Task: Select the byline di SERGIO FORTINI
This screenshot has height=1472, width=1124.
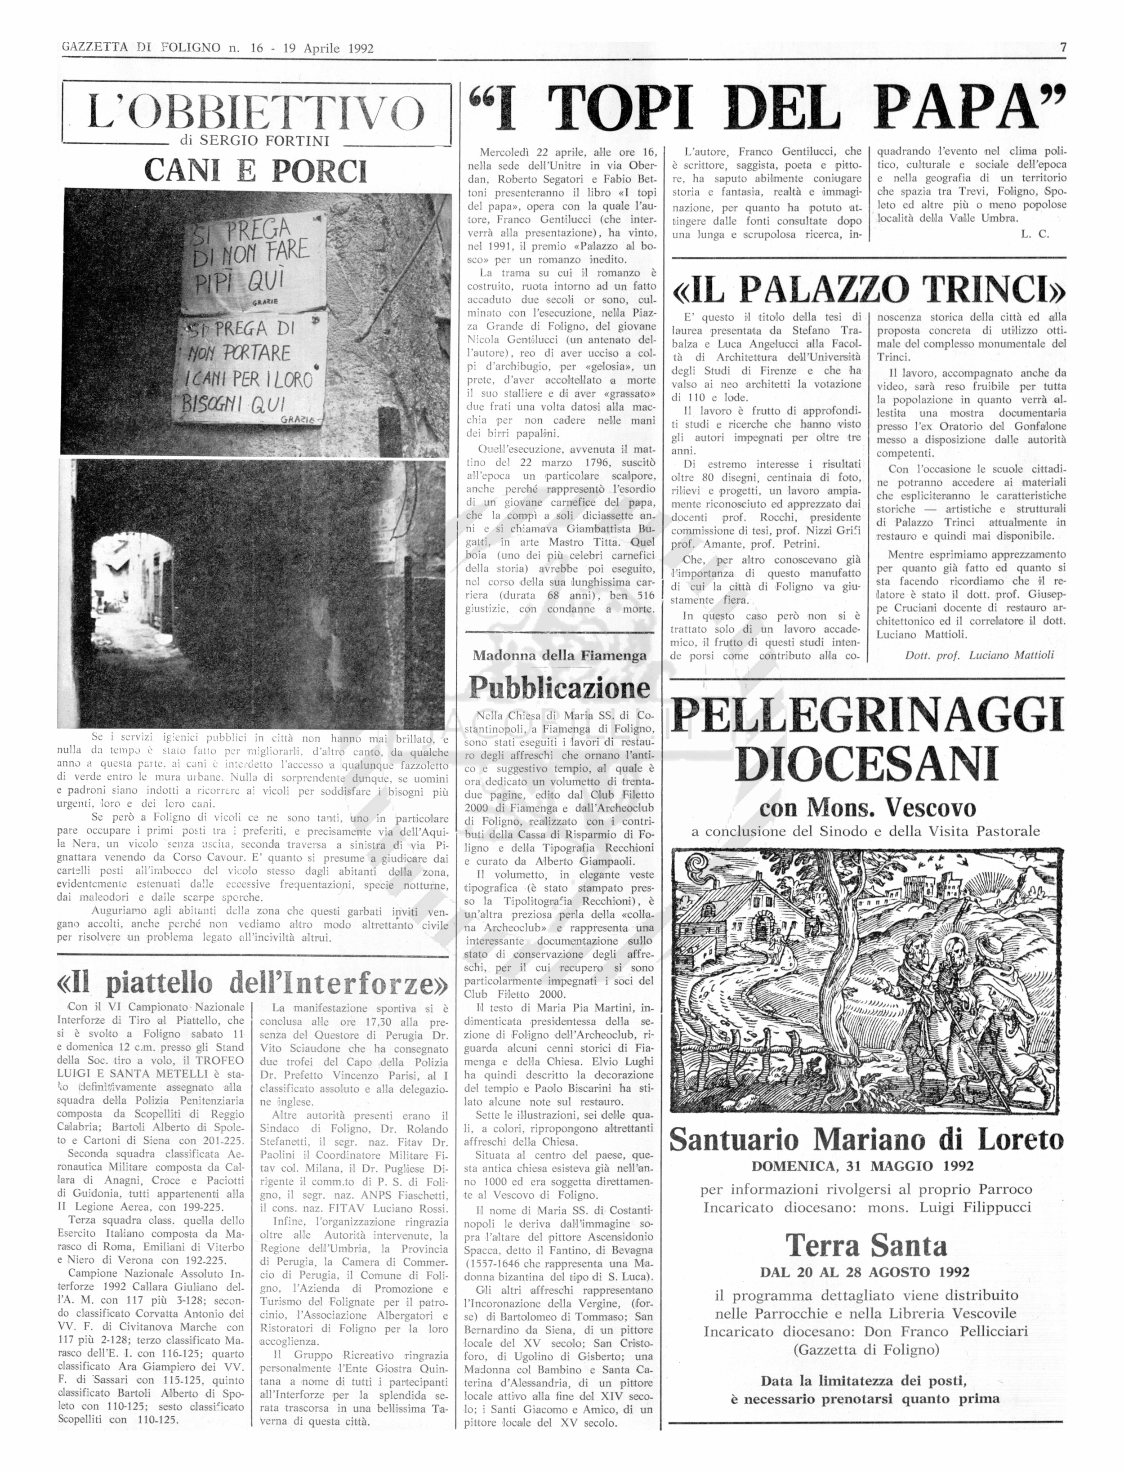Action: (x=255, y=141)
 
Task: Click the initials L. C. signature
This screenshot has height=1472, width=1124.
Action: (x=1035, y=234)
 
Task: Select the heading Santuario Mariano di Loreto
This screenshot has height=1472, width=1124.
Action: (x=866, y=1139)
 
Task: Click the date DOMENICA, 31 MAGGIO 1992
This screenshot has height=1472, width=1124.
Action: (x=866, y=1167)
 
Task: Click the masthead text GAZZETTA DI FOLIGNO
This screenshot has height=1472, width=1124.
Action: (x=140, y=48)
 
